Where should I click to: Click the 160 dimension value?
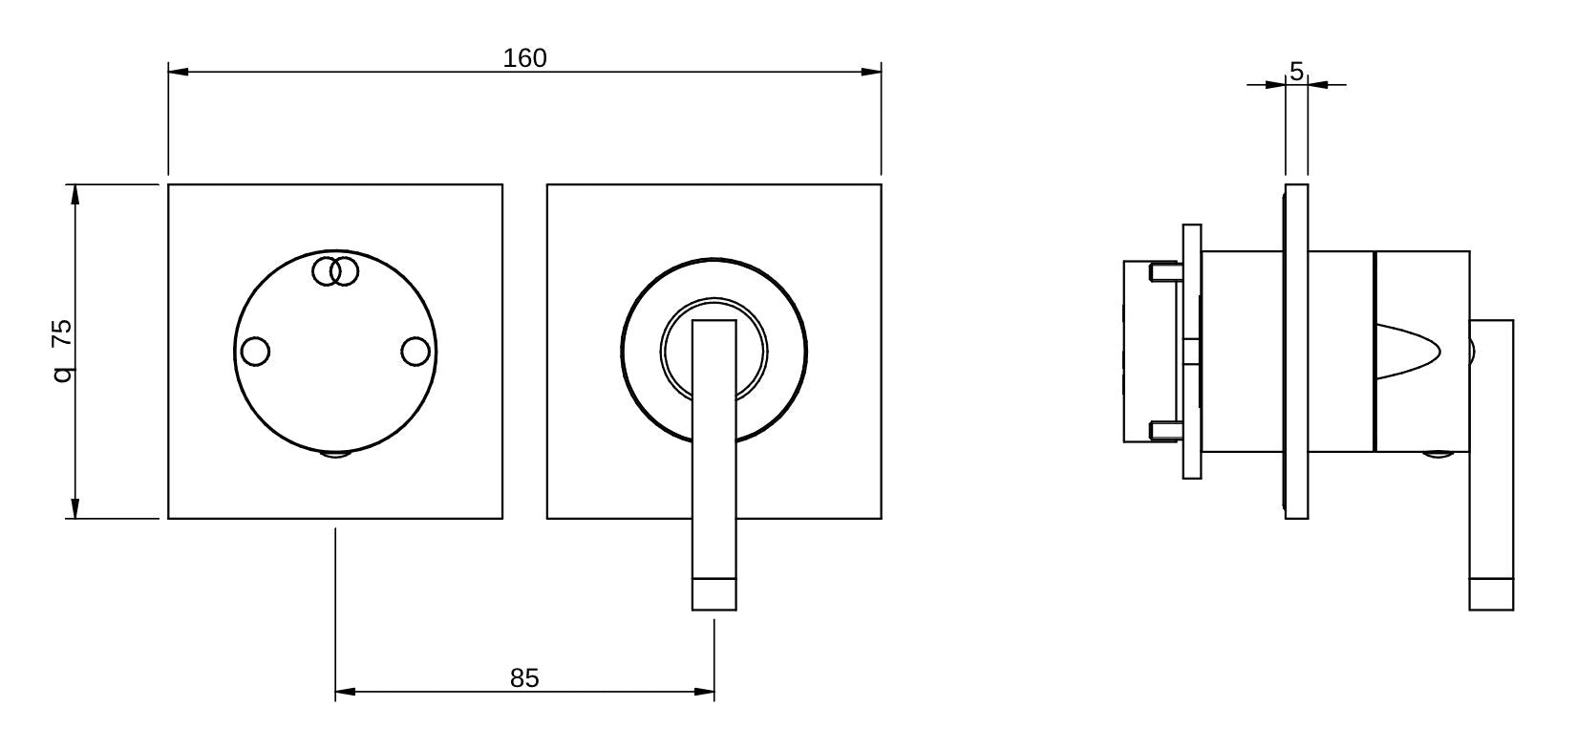point(525,57)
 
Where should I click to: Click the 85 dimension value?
point(524,678)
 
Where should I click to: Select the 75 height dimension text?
point(63,332)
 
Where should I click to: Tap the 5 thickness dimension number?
point(1297,71)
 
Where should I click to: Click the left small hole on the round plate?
point(255,352)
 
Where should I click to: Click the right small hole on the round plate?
point(415,352)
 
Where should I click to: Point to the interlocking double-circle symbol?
point(335,272)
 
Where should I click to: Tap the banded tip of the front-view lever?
point(714,594)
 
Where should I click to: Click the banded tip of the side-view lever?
point(1491,594)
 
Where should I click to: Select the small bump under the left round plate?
point(335,453)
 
